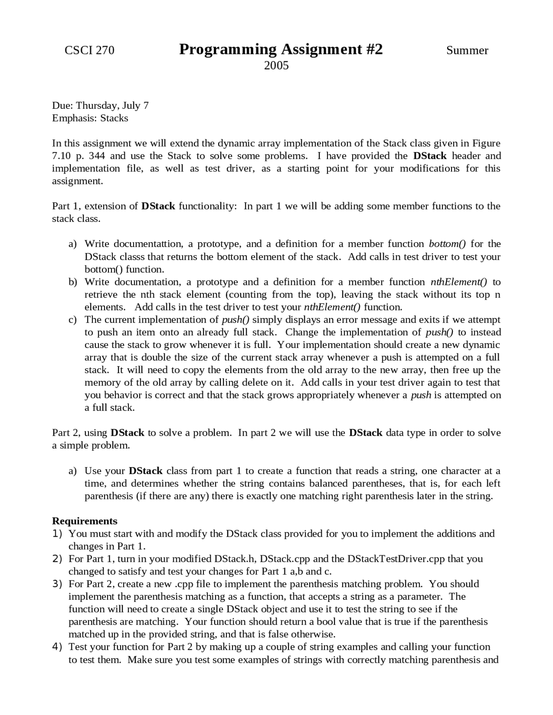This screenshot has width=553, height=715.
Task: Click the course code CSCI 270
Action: (x=89, y=51)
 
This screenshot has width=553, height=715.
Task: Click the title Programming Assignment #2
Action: (x=281, y=49)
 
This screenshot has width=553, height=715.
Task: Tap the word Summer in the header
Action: (x=467, y=51)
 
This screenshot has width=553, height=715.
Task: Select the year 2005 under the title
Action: (x=276, y=66)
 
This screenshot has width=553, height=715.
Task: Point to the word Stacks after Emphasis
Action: (x=114, y=118)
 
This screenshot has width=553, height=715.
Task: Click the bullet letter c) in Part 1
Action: (x=73, y=320)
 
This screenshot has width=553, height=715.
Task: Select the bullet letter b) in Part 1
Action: (x=73, y=282)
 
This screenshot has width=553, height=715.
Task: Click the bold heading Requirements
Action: (x=85, y=521)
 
